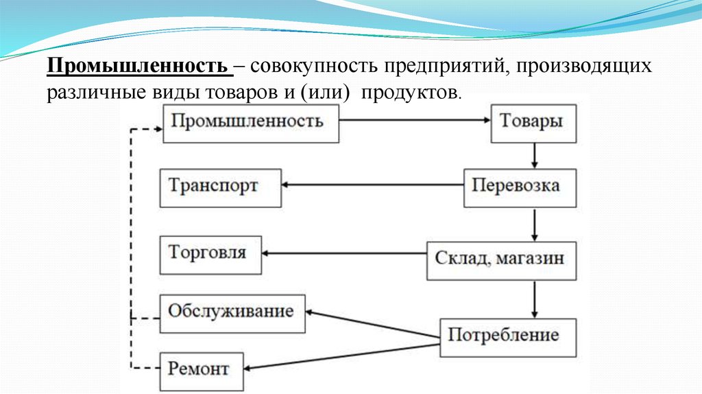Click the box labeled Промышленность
tap(251, 123)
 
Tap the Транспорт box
tap(220, 187)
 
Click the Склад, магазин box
tap(501, 259)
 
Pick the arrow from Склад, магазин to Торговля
tap(346, 254)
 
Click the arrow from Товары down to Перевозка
tap(534, 155)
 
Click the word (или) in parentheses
tap(319, 93)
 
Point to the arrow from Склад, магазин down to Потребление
tap(534, 299)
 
